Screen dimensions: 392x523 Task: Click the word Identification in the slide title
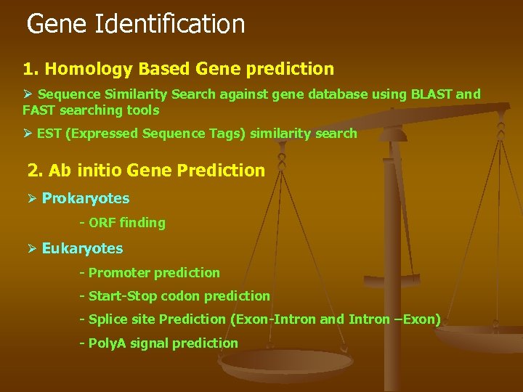(x=169, y=24)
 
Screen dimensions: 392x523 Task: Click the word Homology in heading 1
(x=81, y=70)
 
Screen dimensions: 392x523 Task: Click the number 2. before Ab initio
(x=36, y=171)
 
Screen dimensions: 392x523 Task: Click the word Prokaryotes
(x=86, y=198)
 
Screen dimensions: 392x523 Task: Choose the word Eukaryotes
(x=82, y=248)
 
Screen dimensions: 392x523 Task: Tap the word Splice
(x=107, y=319)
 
